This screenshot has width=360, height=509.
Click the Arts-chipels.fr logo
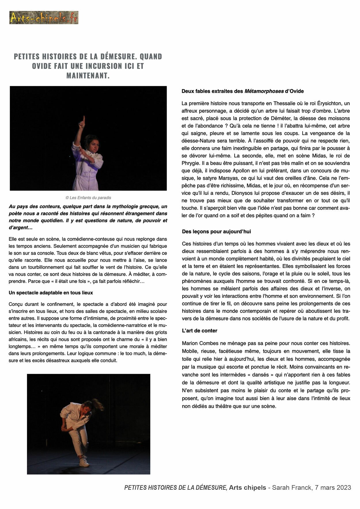(44, 18)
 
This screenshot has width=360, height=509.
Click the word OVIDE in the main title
(41, 66)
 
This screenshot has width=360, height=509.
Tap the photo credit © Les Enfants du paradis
(88, 198)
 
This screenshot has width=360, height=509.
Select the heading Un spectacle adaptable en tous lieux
(51, 293)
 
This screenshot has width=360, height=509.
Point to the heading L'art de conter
(199, 331)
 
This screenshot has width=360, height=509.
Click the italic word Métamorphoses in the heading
(264, 91)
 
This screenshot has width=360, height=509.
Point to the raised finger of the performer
(84, 119)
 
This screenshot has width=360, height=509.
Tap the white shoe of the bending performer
(84, 462)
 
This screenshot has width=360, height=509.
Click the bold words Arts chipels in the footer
(247, 487)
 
